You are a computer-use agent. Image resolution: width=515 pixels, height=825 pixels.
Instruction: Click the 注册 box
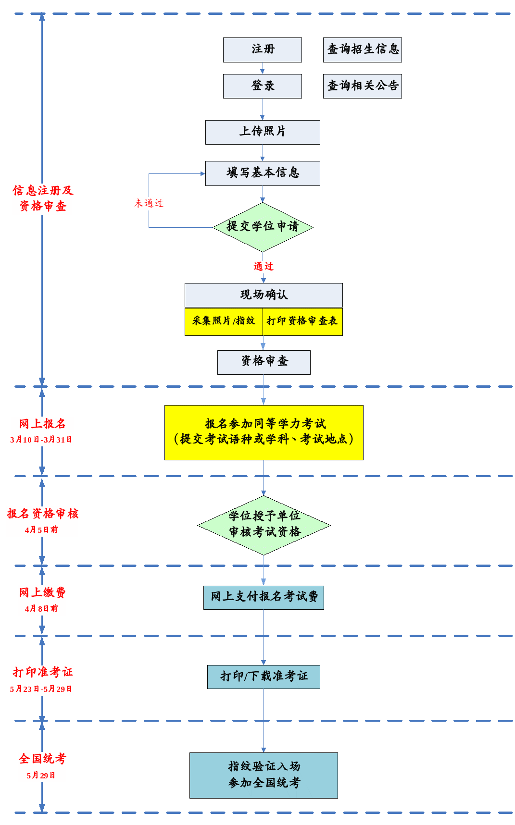pos(263,50)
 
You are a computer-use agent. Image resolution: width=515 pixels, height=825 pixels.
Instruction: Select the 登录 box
pos(263,86)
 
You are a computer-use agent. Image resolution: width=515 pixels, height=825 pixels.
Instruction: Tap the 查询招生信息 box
pos(363,50)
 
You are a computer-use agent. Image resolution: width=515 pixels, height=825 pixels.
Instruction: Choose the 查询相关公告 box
pos(363,86)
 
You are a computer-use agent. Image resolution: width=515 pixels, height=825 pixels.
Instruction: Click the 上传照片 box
pos(263,132)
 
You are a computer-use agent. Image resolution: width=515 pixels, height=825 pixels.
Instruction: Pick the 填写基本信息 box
pos(263,173)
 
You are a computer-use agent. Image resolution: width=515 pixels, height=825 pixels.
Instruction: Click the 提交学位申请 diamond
pos(263,227)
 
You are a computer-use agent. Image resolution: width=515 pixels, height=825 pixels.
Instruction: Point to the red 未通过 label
pos(149,203)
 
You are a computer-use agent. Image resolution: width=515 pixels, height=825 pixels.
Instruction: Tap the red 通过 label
pos(264,266)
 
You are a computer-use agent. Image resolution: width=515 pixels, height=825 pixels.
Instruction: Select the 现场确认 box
pos(264,295)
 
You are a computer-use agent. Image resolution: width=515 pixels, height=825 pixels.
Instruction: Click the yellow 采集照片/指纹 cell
pos(224,321)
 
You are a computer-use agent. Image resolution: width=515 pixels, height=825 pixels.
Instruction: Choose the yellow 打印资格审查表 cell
pos(302,321)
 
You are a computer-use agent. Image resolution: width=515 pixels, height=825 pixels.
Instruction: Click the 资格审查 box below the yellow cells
pos(264,362)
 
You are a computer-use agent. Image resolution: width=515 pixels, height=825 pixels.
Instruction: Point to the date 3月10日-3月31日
pos(41,440)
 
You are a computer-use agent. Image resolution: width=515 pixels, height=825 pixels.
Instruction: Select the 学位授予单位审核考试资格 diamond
pos(264,525)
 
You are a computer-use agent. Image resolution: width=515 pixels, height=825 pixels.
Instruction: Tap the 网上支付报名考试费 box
pos(264,598)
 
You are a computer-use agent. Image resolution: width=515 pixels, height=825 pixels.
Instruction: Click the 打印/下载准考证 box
pos(264,677)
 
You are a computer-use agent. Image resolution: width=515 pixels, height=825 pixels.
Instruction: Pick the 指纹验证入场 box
pos(264,776)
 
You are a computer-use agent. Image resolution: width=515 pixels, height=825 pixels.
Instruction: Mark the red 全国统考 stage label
pos(42,759)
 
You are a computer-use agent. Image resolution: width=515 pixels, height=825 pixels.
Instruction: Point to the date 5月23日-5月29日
pos(41,689)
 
